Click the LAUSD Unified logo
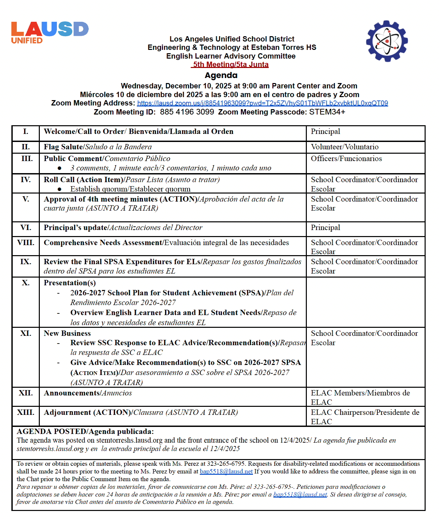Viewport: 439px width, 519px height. pyautogui.click(x=50, y=32)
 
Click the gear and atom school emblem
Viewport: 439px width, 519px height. pyautogui.click(x=387, y=41)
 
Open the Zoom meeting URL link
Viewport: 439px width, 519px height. pyautogui.click(x=262, y=103)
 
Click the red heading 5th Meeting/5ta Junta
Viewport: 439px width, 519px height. pyautogui.click(x=231, y=65)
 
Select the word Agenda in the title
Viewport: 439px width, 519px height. pyautogui.click(x=221, y=75)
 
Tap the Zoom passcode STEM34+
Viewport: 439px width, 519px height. pyautogui.click(x=327, y=112)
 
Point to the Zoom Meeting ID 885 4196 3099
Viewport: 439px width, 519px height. pyautogui.click(x=187, y=112)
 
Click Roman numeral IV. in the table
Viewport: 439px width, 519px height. pyautogui.click(x=26, y=180)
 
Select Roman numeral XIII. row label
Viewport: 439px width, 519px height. pyautogui.click(x=26, y=413)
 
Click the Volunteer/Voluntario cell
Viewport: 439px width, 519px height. pyautogui.click(x=344, y=147)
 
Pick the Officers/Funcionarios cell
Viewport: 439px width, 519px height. pyautogui.click(x=346, y=159)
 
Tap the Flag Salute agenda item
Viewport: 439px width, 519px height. pyautogui.click(x=97, y=147)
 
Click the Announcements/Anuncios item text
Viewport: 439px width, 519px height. pyautogui.click(x=88, y=393)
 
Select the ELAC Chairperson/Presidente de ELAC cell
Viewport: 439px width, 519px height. pyautogui.click(x=364, y=417)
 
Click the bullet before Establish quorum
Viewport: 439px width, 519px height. pyautogui.click(x=60, y=189)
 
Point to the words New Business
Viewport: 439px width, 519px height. pyautogui.click(x=67, y=333)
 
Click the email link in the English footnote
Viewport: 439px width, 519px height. pyautogui.click(x=226, y=471)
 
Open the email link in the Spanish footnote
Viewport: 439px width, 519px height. pyautogui.click(x=300, y=495)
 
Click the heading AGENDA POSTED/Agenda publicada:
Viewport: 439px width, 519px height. pyautogui.click(x=85, y=432)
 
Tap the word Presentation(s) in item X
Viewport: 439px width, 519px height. pyautogui.click(x=70, y=283)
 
